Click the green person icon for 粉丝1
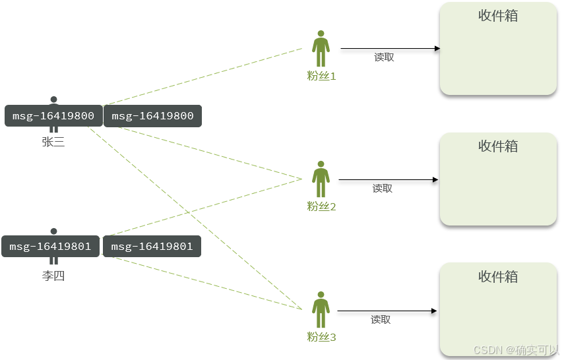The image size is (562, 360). [321, 49]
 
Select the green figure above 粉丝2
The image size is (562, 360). [321, 179]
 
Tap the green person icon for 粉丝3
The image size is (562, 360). [321, 310]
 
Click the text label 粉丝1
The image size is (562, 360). [321, 76]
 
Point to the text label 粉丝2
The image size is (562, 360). [321, 207]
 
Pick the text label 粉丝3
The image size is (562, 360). [321, 338]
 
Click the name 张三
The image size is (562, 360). [53, 142]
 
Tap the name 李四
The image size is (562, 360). [53, 276]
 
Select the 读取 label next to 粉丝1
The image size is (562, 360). [384, 57]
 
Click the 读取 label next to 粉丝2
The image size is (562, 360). [382, 189]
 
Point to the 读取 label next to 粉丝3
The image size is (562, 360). [381, 320]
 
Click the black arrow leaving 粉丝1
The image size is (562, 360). [390, 48]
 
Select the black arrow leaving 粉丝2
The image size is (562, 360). [389, 179]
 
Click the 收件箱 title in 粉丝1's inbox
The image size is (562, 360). [498, 16]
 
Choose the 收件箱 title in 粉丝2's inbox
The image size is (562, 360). [498, 146]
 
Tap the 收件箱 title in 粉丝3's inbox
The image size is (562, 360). [498, 277]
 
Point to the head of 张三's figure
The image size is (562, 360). [53, 100]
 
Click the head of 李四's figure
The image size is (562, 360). [53, 231]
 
